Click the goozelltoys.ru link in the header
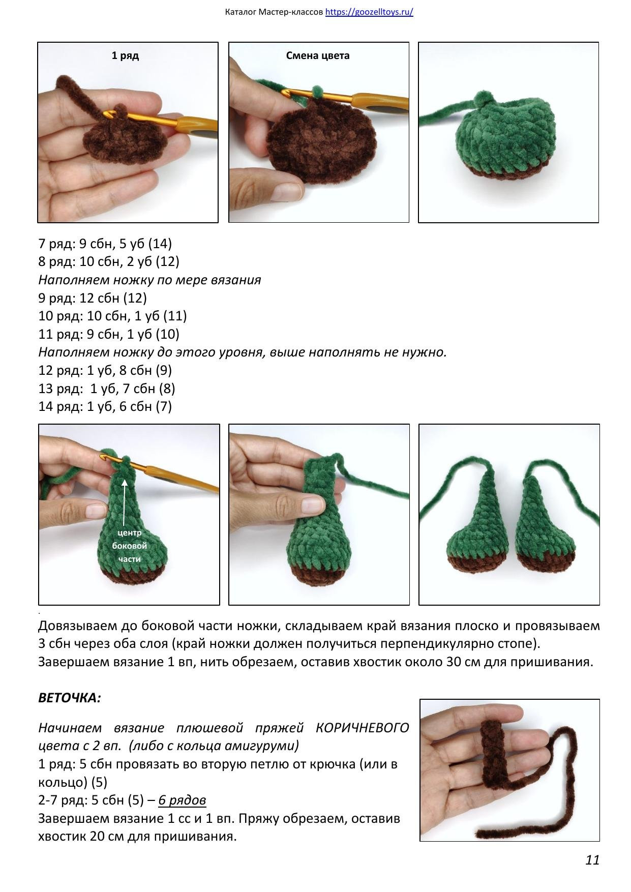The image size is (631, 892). tap(369, 12)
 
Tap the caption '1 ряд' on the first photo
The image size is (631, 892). tap(125, 56)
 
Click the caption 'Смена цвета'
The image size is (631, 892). tap(318, 56)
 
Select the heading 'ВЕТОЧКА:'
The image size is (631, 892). tap(70, 698)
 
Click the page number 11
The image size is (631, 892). tap(592, 860)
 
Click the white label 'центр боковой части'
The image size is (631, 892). tap(129, 546)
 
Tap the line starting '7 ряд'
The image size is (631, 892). tap(105, 244)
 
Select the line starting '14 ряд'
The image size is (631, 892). tap(105, 406)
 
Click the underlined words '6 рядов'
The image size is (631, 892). tap(182, 800)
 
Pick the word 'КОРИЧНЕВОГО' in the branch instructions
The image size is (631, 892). tap(362, 728)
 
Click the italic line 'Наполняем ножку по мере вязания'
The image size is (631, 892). tap(149, 280)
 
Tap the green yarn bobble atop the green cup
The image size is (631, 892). tap(480, 98)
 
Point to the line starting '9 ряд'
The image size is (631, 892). tap(93, 298)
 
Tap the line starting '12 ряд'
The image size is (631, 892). tap(105, 370)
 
